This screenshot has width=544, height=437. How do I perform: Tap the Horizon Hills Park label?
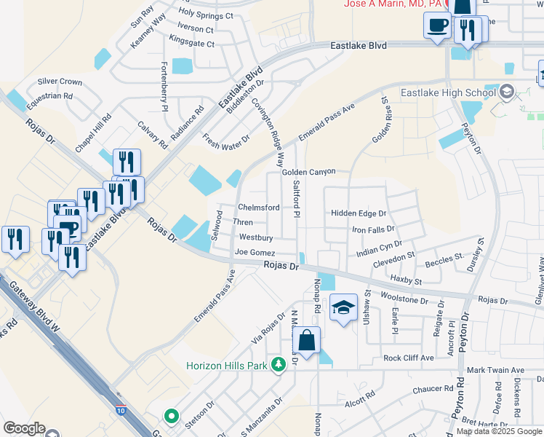coord(227,365)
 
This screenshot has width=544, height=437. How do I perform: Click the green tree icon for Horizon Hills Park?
coord(277,363)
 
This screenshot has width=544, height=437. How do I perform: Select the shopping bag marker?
coord(307,340)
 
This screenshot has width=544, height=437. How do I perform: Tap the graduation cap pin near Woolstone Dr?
coord(343,307)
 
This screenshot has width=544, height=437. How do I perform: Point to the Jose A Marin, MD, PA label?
coord(393,4)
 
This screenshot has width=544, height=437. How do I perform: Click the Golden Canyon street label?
coord(308,172)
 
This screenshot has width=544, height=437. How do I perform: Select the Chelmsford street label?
coord(259,208)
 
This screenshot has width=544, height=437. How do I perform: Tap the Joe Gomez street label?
coord(255,252)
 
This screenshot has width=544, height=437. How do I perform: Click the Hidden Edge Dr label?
coord(359,213)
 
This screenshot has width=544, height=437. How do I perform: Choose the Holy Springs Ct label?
coord(205,15)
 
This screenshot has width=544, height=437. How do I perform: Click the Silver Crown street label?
coord(60,82)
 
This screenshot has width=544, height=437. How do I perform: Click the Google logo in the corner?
coord(24,428)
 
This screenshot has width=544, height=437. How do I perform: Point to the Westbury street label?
coord(256,237)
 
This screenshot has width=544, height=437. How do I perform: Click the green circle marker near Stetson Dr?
coord(172,417)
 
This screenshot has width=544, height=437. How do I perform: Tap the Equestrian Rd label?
coord(49,95)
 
